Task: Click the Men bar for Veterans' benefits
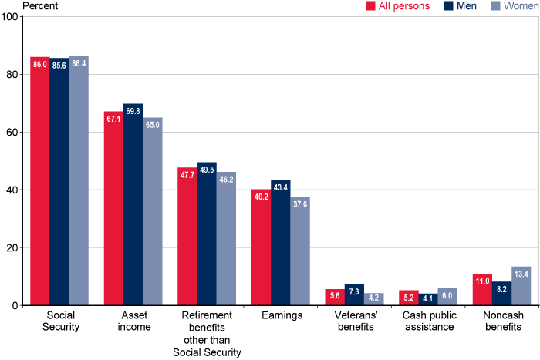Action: click(353, 295)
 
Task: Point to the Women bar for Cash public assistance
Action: click(447, 297)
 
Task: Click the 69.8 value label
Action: click(133, 112)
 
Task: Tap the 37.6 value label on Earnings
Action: click(300, 205)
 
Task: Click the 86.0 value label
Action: click(40, 66)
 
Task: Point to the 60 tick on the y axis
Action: click(12, 132)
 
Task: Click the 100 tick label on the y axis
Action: click(9, 16)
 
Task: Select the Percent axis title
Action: click(23, 5)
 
